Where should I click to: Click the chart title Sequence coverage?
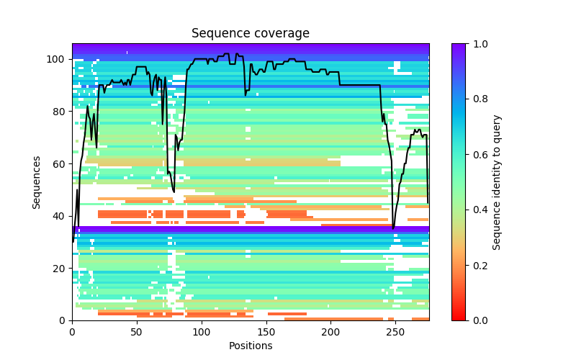tap(250, 34)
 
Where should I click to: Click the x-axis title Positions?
tap(250, 346)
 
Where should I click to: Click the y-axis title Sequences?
tap(37, 182)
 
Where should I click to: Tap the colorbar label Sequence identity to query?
tap(497, 182)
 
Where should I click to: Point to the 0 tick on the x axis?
tap(72, 332)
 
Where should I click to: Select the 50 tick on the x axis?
tap(137, 332)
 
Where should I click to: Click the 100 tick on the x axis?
tap(201, 332)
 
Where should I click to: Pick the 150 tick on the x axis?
tap(266, 332)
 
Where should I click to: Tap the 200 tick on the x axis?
tap(330, 332)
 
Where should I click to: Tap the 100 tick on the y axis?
tap(58, 59)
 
